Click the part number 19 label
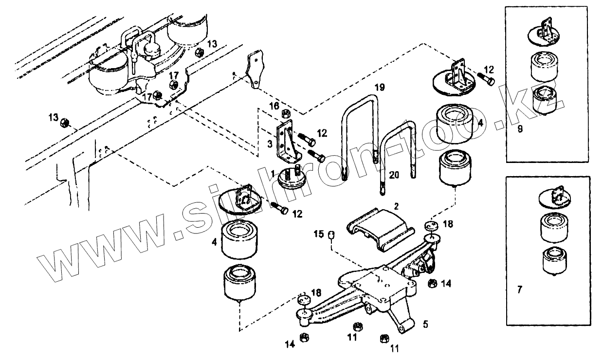coord(380,88)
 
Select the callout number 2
coord(396,206)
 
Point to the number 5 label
coord(425,323)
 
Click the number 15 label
coord(319,234)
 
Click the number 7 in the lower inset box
coord(519,289)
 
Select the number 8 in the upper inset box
coord(519,129)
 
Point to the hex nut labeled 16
coord(286,114)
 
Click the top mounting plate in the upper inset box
coord(544,32)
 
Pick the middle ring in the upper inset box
coord(544,65)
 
